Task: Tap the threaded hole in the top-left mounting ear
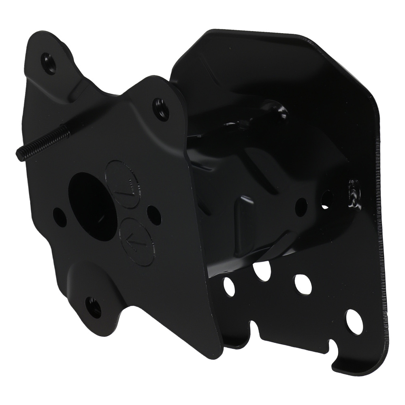pos(49,64)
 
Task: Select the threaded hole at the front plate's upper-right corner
pos(161,107)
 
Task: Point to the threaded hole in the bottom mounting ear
pos(94,307)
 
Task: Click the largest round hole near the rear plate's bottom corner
pos(354,322)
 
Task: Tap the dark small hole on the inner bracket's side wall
pos(301,207)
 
